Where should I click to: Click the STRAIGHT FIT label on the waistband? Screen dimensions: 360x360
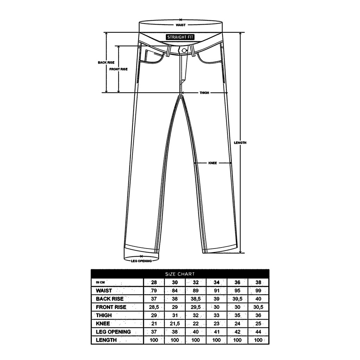tap(180, 37)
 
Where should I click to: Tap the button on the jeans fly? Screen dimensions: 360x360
tap(184, 51)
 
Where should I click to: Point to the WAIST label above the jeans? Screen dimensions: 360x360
tap(181, 25)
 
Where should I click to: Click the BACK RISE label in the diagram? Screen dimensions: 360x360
tap(106, 63)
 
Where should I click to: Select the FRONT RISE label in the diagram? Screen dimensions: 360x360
tap(118, 69)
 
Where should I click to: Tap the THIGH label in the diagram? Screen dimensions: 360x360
tap(204, 93)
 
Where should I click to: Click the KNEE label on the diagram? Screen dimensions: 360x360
tap(213, 163)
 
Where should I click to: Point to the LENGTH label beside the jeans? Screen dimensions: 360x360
tap(240, 143)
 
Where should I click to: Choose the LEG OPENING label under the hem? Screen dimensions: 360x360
tap(141, 261)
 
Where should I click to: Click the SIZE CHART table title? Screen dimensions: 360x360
tap(180, 274)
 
